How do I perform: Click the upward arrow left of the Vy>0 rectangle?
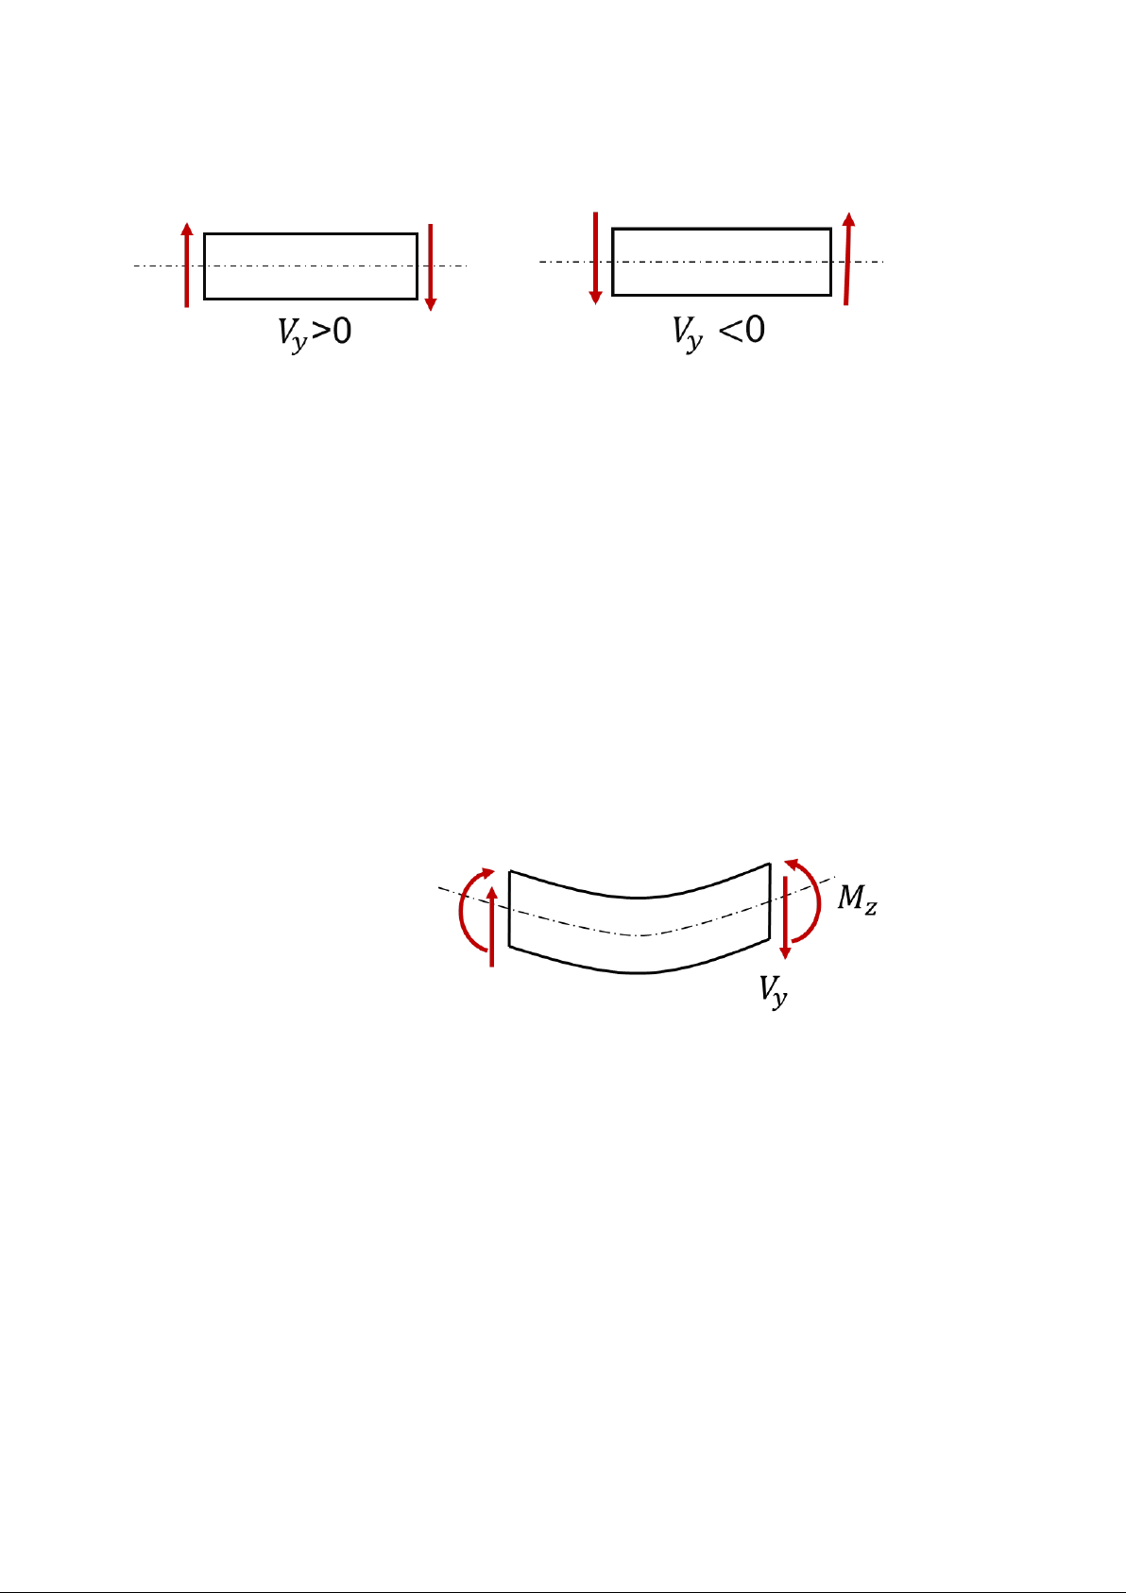(x=187, y=265)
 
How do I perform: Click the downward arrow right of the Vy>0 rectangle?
(x=430, y=267)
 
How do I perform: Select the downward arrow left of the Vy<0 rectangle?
(x=596, y=258)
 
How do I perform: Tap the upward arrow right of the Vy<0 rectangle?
(x=847, y=259)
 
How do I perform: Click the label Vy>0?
(x=315, y=334)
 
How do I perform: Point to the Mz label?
(x=857, y=899)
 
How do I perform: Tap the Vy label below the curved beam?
(x=774, y=991)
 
